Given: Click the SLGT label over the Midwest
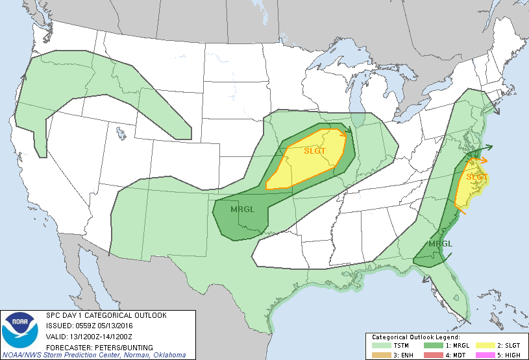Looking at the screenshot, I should [x=317, y=151].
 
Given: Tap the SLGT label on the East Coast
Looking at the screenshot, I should [x=477, y=176].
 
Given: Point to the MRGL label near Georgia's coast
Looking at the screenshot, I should [x=440, y=244].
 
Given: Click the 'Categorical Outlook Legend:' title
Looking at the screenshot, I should [x=415, y=338].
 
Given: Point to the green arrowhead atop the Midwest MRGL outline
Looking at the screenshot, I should [x=349, y=130].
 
